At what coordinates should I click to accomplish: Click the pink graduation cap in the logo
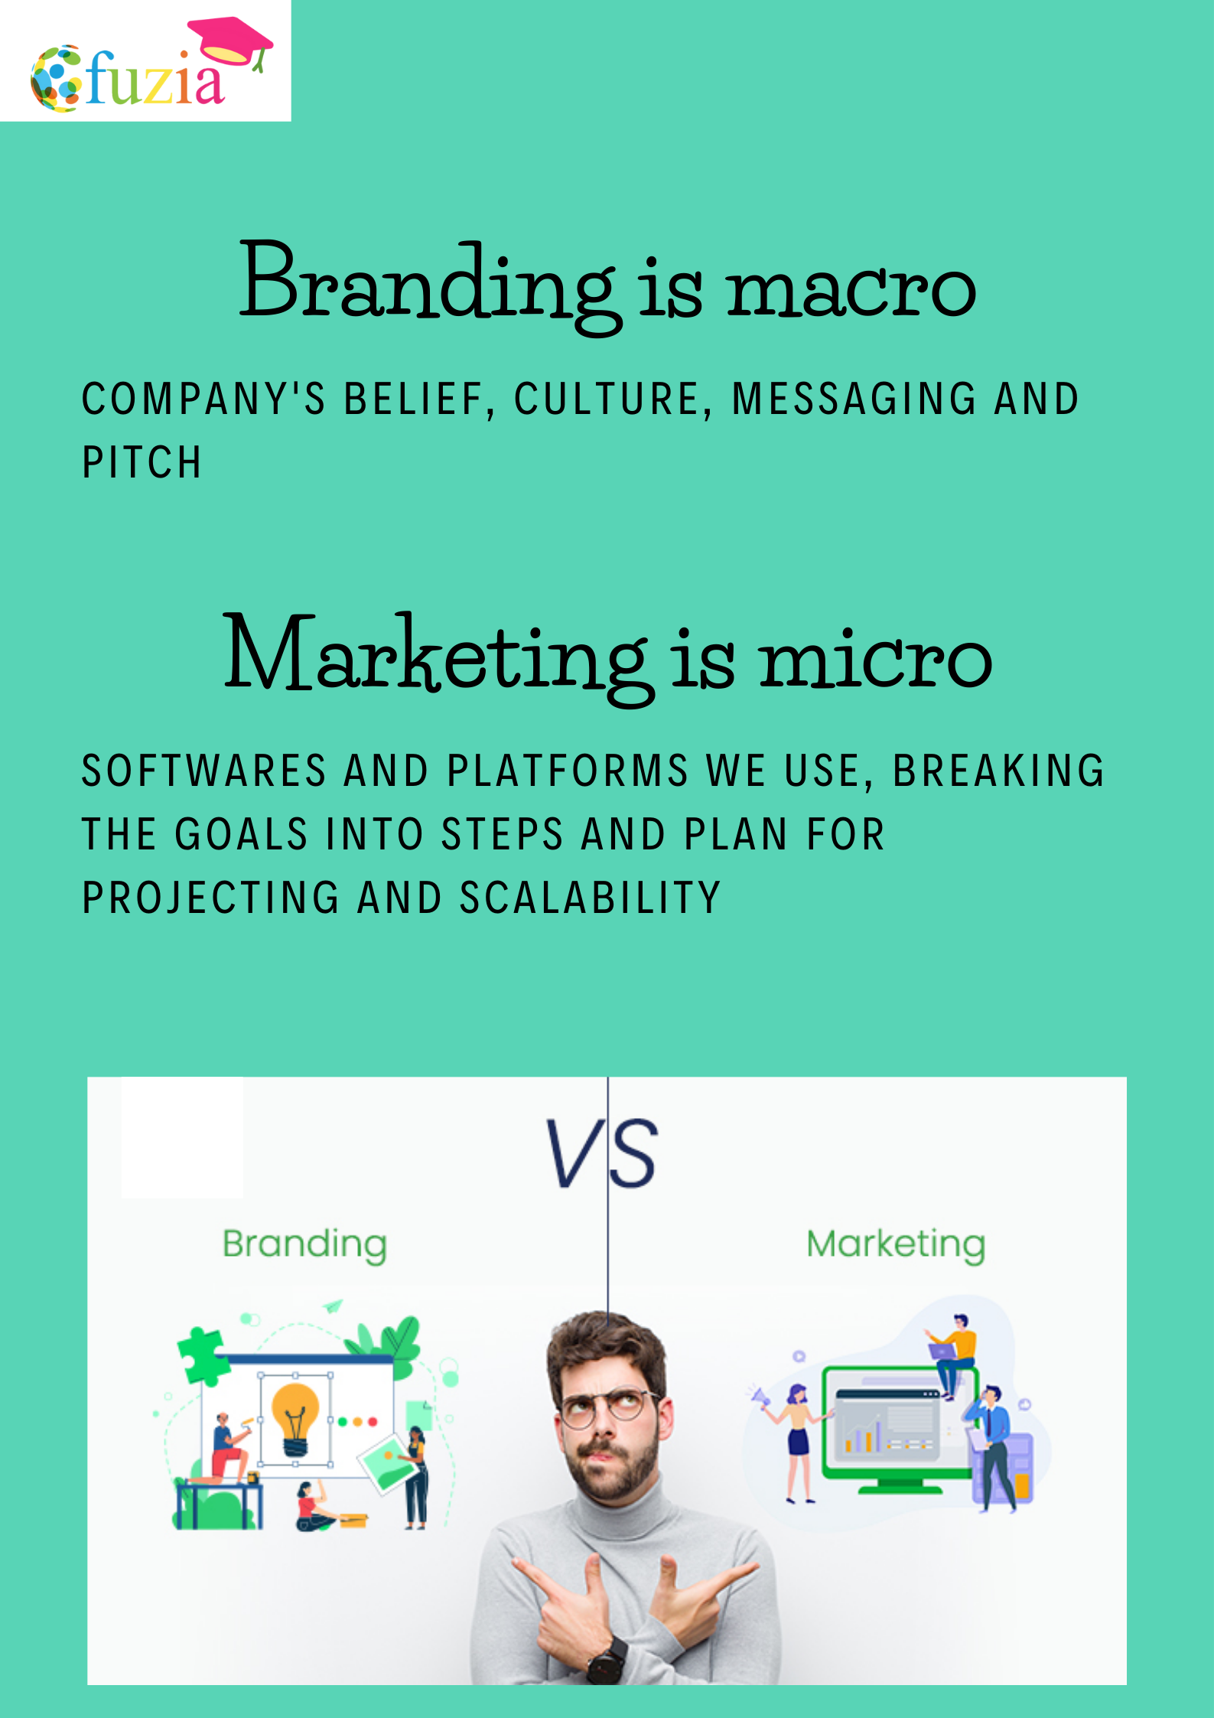tap(230, 43)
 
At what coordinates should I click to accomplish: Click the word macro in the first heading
tap(851, 290)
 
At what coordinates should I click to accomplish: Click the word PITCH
tap(142, 463)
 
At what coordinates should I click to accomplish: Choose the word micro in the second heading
tap(876, 657)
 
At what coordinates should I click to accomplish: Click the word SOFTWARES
tap(204, 771)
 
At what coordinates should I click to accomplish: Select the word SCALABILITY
tap(590, 898)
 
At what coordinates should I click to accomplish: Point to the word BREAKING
tap(998, 771)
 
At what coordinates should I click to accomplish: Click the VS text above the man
tap(601, 1152)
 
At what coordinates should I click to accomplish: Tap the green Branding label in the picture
tap(304, 1245)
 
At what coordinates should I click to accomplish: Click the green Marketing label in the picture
tap(896, 1245)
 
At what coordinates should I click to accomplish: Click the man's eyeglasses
tap(608, 1407)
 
